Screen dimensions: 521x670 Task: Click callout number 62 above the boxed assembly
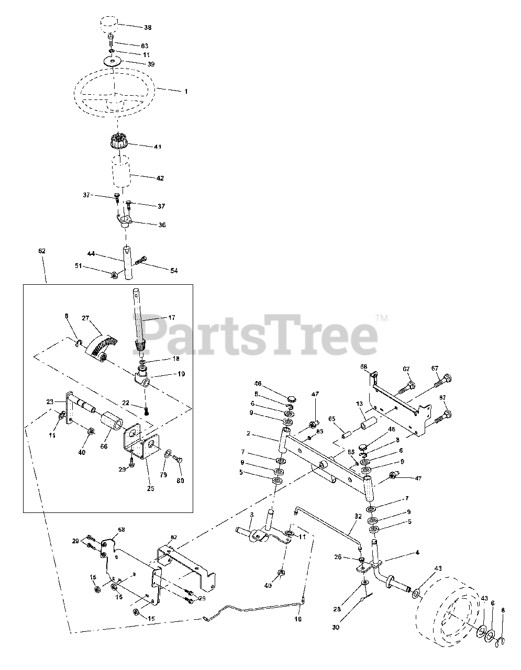42,251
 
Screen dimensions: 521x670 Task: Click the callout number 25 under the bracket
151,488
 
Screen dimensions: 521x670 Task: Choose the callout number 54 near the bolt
173,271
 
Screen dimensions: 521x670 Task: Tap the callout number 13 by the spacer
359,403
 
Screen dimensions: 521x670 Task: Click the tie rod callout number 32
358,516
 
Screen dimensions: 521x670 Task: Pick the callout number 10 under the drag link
298,619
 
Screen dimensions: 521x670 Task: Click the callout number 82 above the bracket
173,538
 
